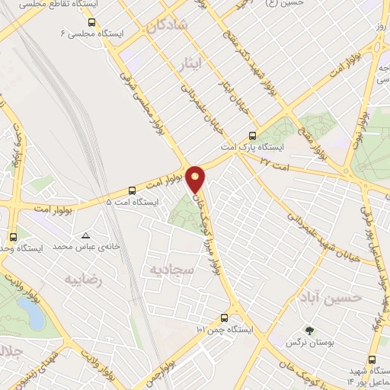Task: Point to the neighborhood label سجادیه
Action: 171,270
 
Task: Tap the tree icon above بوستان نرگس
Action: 309,331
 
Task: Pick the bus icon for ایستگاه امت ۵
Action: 133,190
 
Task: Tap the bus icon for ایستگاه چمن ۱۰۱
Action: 224,318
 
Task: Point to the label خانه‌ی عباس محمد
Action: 79,248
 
